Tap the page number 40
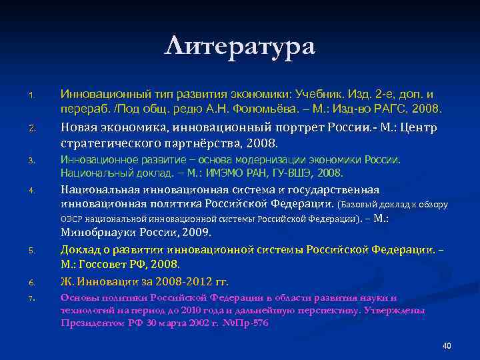[x=447, y=345]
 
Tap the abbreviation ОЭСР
[x=71, y=218]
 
